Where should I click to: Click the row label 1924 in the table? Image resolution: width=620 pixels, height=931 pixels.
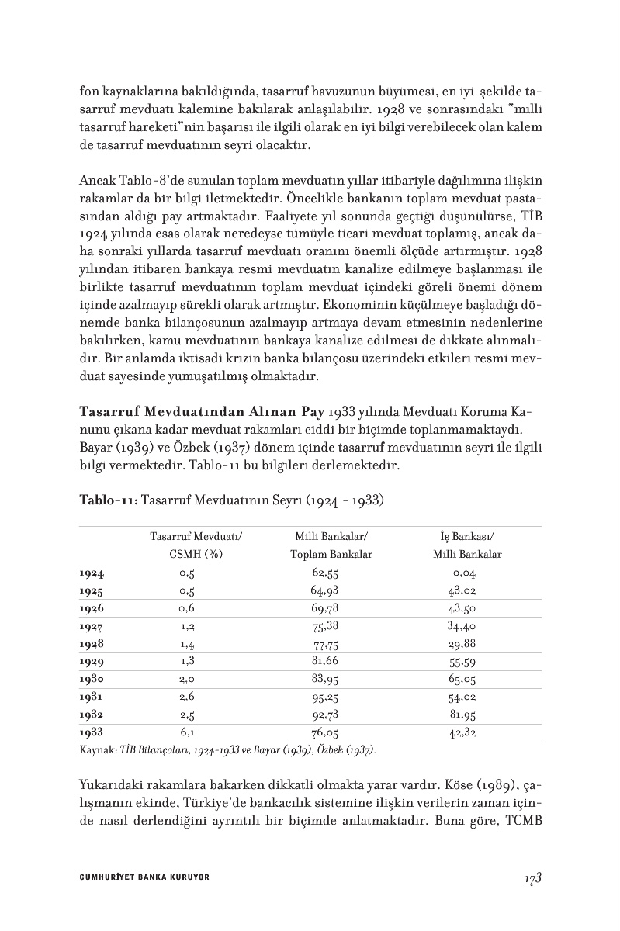click(x=92, y=573)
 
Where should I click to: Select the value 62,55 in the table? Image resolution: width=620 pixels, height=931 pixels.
click(x=326, y=573)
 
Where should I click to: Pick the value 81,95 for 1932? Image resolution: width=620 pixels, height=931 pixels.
click(x=462, y=713)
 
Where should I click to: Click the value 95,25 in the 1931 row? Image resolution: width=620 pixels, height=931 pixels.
click(x=326, y=696)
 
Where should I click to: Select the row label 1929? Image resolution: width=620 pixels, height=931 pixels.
click(x=92, y=661)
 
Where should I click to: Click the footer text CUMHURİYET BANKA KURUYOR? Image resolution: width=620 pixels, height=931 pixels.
click(x=144, y=877)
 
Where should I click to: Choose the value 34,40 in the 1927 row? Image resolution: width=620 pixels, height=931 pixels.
click(x=462, y=625)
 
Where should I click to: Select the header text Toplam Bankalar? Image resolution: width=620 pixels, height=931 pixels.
click(x=331, y=554)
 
